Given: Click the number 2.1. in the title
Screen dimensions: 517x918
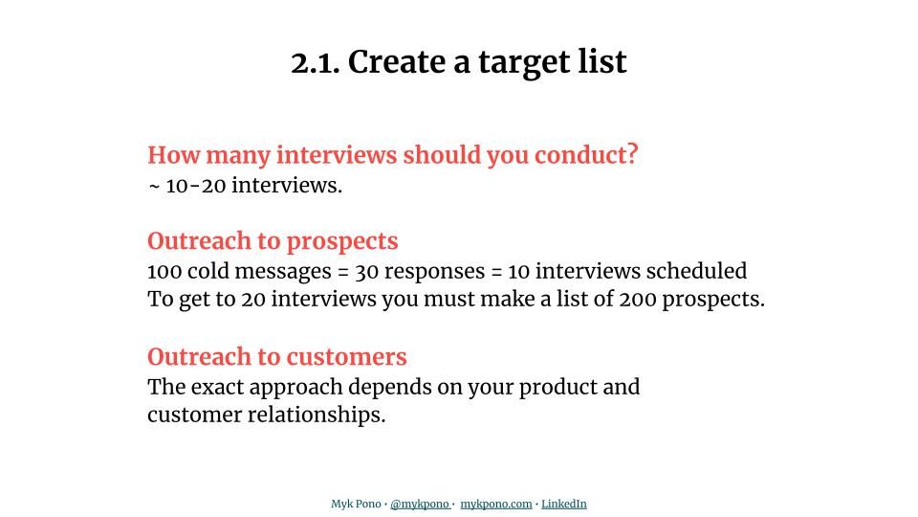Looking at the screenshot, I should click(315, 62).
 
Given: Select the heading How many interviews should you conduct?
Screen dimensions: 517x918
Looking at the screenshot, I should click(392, 155).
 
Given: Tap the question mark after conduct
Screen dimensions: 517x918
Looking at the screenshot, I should click(632, 154).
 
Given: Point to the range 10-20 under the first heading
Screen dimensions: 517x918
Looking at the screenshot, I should click(196, 186).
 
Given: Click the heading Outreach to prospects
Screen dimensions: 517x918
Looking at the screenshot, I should click(273, 241).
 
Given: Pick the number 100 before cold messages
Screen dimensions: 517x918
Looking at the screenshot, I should click(164, 271).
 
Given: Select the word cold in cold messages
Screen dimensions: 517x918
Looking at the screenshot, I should click(208, 271).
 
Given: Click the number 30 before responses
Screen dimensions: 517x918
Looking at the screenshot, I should click(367, 271).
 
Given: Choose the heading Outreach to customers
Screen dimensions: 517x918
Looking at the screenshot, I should click(277, 357).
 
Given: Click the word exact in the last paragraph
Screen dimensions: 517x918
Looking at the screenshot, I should click(218, 387).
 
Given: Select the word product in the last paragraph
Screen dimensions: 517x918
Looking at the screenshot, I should click(557, 387).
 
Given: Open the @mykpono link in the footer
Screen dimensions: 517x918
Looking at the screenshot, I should click(419, 504).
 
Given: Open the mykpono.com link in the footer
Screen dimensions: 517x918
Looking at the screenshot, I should click(495, 504).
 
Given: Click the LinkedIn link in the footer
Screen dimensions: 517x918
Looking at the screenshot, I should click(564, 504).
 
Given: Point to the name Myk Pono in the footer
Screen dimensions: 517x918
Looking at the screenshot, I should click(356, 504).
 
